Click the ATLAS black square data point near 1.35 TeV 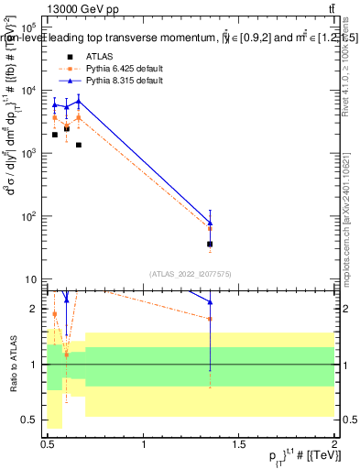211,245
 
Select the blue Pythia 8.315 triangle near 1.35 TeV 211,223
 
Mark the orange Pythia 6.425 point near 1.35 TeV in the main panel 211,229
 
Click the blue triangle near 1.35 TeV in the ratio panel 211,301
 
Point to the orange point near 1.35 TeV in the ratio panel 211,319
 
